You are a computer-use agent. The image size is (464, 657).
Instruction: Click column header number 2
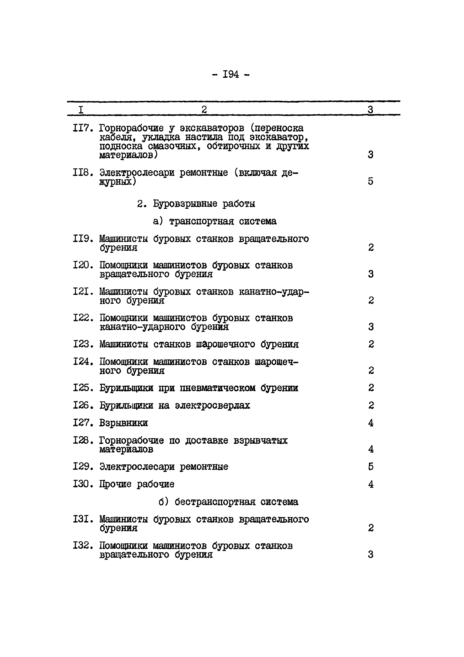point(204,110)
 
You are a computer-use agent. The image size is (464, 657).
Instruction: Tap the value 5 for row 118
point(370,181)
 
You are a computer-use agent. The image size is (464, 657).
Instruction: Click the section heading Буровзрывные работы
point(204,204)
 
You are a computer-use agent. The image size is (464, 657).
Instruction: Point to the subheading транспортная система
point(223,221)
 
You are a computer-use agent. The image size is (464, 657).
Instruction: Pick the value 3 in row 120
point(370,274)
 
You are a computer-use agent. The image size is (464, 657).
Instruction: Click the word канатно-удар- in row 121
point(274,292)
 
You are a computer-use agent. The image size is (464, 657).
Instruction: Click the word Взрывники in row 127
point(123,423)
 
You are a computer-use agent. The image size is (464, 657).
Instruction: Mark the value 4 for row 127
point(370,423)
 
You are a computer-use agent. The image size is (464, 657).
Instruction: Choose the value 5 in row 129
point(370,467)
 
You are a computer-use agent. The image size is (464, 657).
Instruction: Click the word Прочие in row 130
point(115,484)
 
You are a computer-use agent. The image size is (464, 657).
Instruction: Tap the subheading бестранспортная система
point(236,502)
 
